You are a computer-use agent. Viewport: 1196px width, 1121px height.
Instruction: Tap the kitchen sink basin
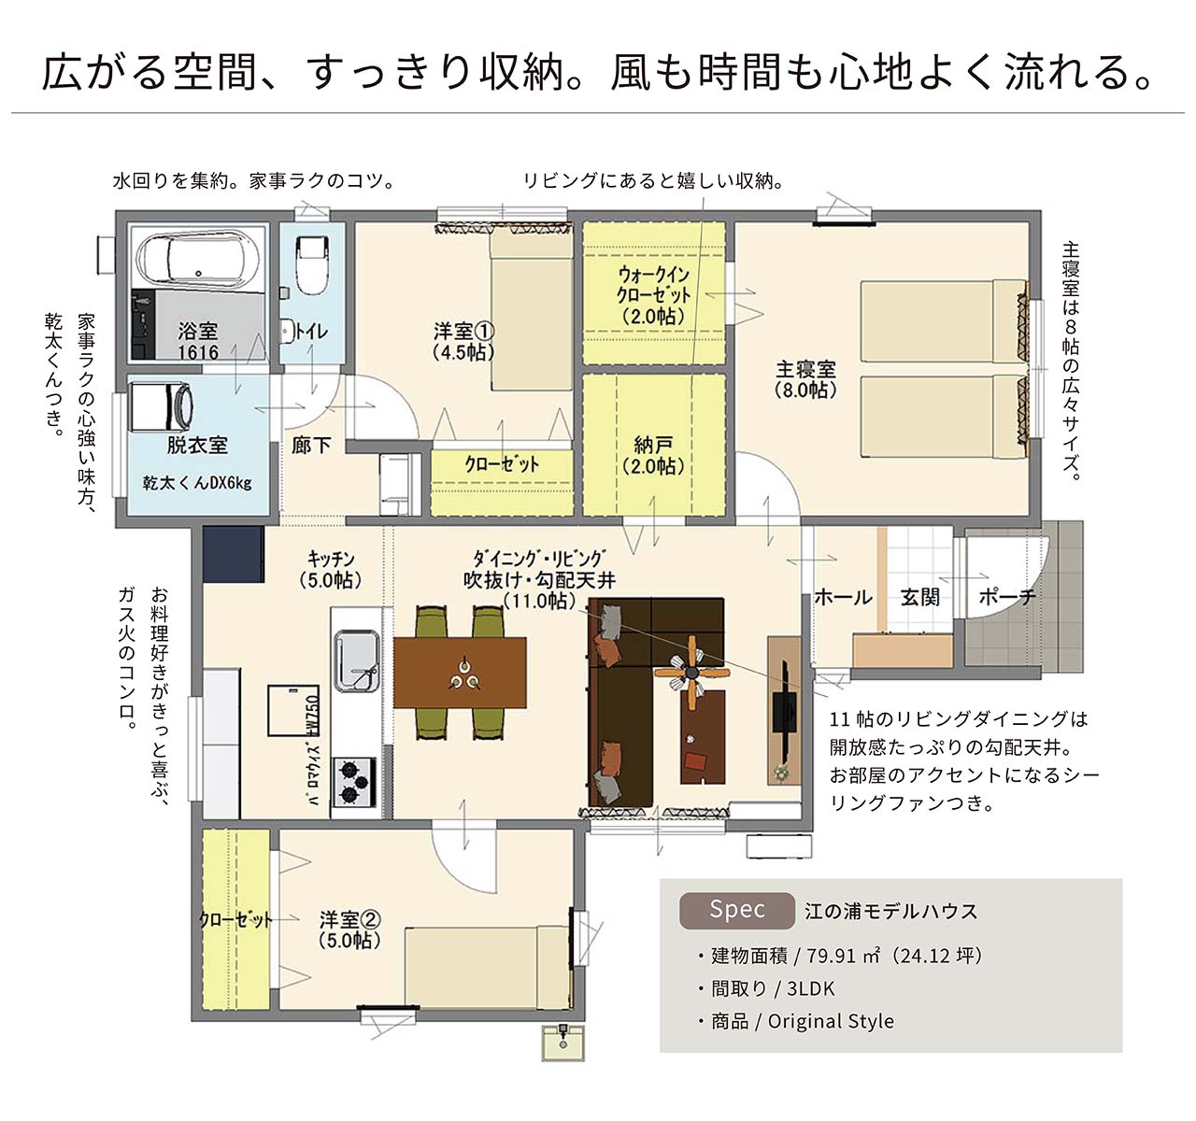pos(357,660)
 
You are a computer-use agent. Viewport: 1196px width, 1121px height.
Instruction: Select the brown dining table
pos(460,673)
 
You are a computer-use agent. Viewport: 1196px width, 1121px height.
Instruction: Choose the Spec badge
pos(737,910)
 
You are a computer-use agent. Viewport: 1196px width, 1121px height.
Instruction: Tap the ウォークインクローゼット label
pos(653,295)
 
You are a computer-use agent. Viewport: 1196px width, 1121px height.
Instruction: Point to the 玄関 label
pos(920,597)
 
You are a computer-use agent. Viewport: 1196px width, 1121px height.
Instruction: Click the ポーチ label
pos(1007,597)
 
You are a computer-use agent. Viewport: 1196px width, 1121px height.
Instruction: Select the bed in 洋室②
pos(487,968)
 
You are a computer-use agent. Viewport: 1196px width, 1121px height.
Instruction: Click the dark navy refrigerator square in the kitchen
pos(233,554)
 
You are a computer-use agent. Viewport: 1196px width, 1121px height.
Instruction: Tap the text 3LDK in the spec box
pos(811,988)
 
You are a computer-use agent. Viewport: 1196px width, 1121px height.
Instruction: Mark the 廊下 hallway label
pos(311,446)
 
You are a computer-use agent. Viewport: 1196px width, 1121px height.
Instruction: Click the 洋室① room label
pos(463,341)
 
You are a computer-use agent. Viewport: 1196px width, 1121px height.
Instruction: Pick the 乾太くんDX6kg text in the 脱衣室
pos(197,482)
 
